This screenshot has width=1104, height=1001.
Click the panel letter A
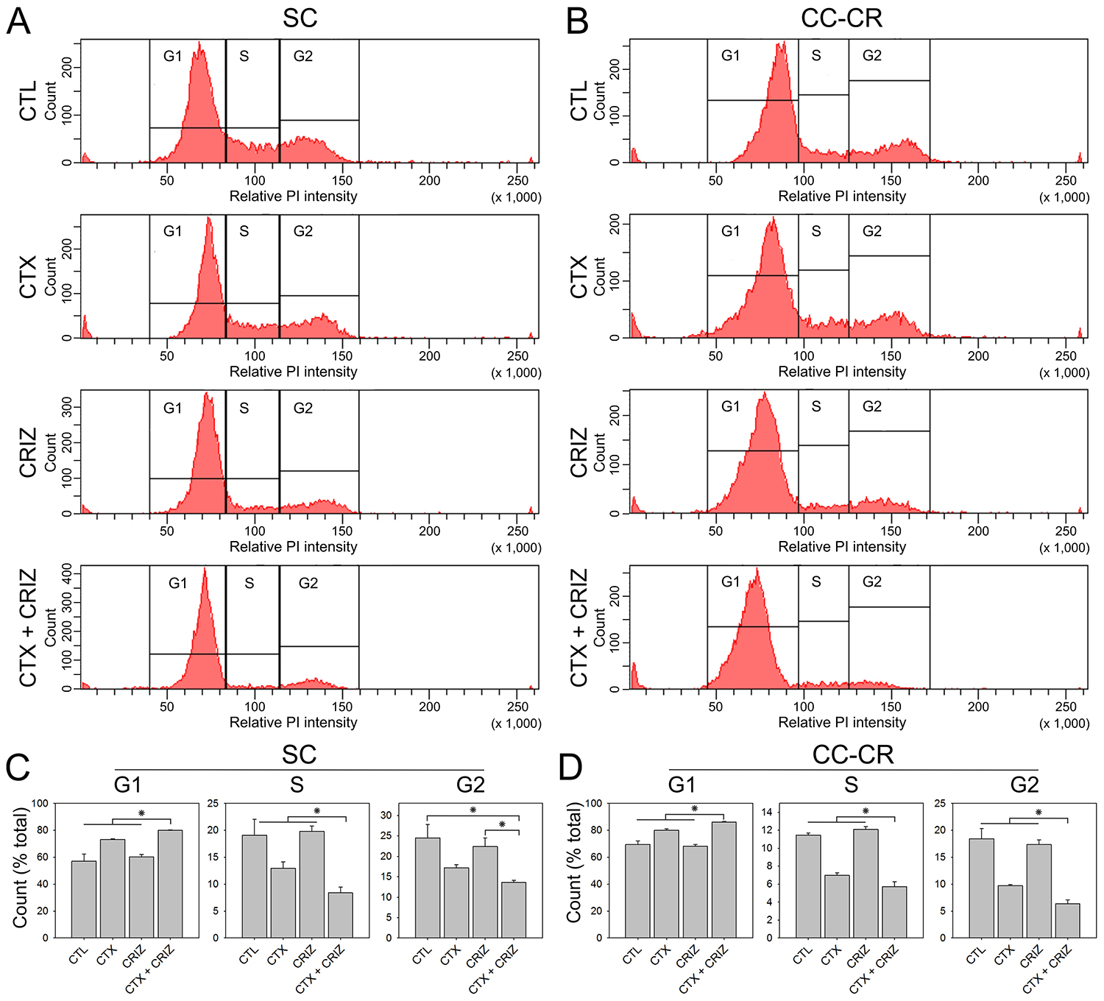click(x=18, y=21)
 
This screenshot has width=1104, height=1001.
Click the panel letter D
click(x=571, y=768)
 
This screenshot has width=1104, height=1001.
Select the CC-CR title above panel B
click(x=841, y=18)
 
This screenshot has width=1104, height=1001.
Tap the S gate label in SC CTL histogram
click(x=244, y=56)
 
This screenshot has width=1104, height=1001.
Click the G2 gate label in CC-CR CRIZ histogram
click(x=871, y=406)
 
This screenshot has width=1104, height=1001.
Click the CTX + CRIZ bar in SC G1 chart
click(x=170, y=883)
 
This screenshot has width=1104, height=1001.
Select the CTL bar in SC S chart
click(x=255, y=886)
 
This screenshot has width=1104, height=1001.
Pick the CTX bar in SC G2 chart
click(x=456, y=902)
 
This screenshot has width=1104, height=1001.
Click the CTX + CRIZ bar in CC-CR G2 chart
click(x=1066, y=920)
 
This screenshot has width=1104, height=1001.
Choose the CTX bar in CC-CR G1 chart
click(x=666, y=883)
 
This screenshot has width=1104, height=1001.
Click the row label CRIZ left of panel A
click(x=28, y=452)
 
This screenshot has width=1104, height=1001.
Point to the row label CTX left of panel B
click(x=579, y=277)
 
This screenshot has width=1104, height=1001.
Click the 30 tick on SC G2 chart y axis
click(x=386, y=816)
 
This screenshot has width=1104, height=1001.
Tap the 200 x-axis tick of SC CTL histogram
click(x=430, y=180)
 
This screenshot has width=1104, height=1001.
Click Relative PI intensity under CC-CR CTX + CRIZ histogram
click(x=842, y=723)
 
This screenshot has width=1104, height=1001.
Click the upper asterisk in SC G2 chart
click(x=473, y=810)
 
